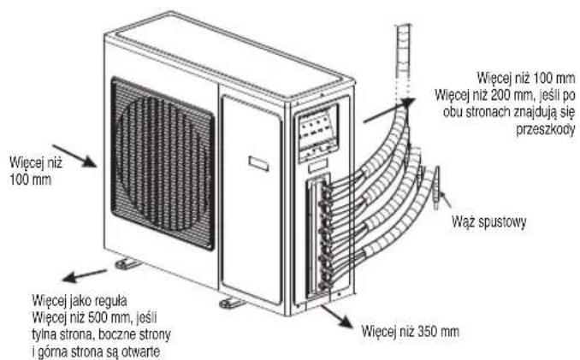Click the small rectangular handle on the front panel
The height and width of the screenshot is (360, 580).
click(x=258, y=162)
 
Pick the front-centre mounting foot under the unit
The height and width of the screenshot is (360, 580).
click(x=231, y=304)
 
